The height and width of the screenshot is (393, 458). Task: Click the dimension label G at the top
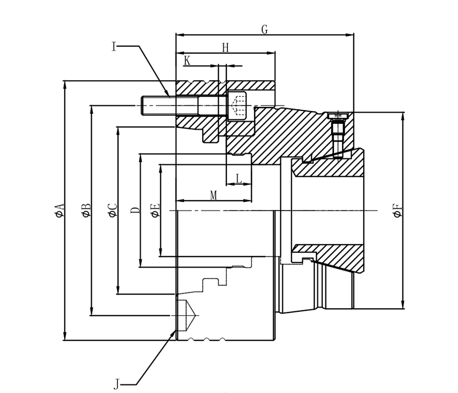pyautogui.click(x=264, y=30)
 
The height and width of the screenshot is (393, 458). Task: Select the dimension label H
pyautogui.click(x=225, y=48)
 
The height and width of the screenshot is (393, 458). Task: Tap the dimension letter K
pyautogui.click(x=187, y=61)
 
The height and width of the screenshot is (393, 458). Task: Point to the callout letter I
pyautogui.click(x=114, y=46)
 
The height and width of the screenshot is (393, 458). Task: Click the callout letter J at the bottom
pyautogui.click(x=116, y=384)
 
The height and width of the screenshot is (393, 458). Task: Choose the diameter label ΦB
pyautogui.click(x=86, y=210)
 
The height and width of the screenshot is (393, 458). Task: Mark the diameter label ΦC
pyautogui.click(x=112, y=210)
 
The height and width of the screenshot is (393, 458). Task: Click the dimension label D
pyautogui.click(x=135, y=210)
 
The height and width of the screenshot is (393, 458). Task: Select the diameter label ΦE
pyautogui.click(x=155, y=211)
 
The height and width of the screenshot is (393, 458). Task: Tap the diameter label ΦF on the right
pyautogui.click(x=398, y=211)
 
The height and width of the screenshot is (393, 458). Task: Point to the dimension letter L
pyautogui.click(x=238, y=179)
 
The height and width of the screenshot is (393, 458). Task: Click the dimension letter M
pyautogui.click(x=213, y=196)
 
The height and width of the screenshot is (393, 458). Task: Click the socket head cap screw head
pyautogui.click(x=237, y=105)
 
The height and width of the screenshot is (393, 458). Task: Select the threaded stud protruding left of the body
pyautogui.click(x=158, y=105)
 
